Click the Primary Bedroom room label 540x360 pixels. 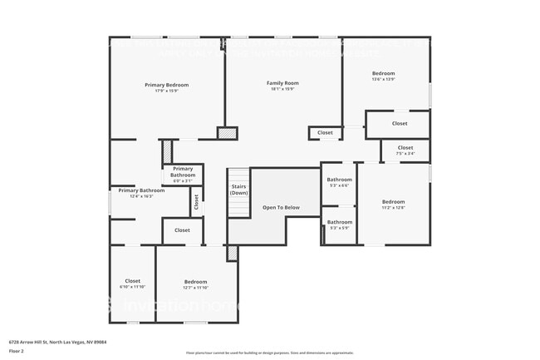[167, 85]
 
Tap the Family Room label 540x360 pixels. [282, 83]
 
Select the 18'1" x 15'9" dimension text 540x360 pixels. [282, 90]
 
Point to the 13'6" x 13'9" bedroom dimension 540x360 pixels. [383, 80]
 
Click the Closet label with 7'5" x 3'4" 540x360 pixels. [405, 148]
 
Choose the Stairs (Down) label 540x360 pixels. [238, 190]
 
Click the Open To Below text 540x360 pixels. [281, 207]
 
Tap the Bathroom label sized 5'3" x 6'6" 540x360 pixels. [339, 180]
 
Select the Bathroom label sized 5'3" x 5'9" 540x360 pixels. [339, 222]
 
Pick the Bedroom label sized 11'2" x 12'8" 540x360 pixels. [393, 202]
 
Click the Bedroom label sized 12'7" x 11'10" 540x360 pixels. [195, 282]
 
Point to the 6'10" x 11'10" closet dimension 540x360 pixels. [132, 288]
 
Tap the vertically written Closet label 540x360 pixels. [196, 200]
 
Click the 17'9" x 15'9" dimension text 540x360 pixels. [167, 91]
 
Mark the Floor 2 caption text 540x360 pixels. [17, 351]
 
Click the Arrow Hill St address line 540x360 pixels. [57, 341]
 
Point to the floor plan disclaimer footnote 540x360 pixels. [269, 353]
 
